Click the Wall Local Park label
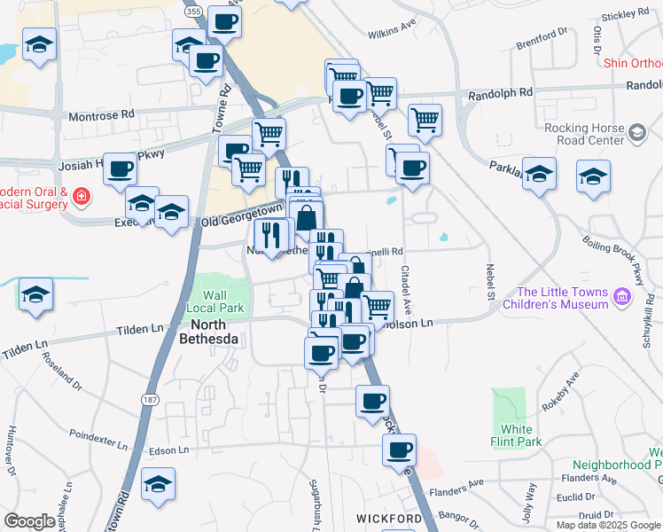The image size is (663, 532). point(214,301)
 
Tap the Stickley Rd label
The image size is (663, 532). point(626,15)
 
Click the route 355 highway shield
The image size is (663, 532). point(194,11)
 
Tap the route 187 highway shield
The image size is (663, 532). point(147,401)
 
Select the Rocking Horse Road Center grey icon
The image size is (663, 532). point(636,133)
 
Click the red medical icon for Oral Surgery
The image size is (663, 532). point(81,195)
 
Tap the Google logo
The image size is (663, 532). point(29,521)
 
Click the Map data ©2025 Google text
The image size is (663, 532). point(609,524)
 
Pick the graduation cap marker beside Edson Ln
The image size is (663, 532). point(158,484)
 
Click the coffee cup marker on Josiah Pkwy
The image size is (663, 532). point(120,169)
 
